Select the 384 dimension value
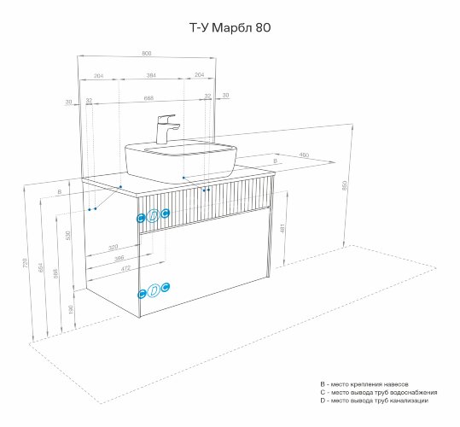[150, 76]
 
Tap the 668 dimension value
[149, 97]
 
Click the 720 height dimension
[26, 261]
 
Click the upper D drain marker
[153, 217]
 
